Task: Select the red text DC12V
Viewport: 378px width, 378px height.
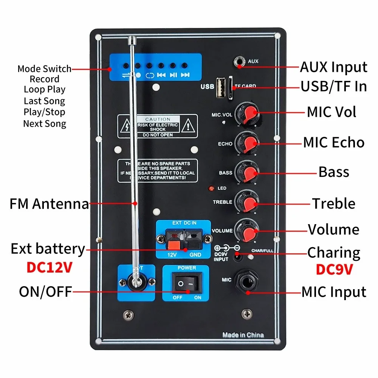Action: click(x=50, y=267)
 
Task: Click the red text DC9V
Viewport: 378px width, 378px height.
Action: click(x=334, y=269)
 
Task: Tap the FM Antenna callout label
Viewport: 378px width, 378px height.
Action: click(x=49, y=204)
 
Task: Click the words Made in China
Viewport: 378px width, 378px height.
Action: click(x=243, y=335)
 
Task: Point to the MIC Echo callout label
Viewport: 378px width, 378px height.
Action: click(x=333, y=143)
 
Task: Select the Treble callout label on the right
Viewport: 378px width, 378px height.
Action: click(x=333, y=203)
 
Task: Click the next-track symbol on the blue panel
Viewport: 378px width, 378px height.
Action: click(x=185, y=75)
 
